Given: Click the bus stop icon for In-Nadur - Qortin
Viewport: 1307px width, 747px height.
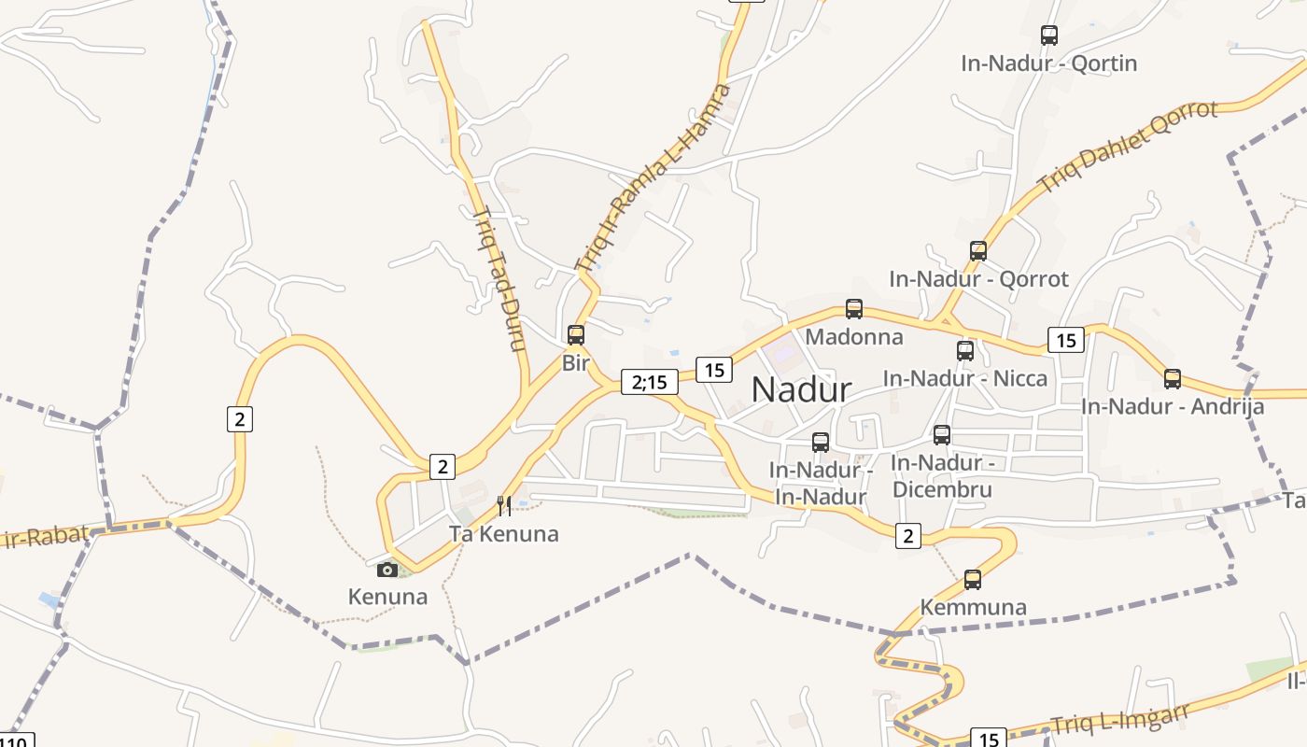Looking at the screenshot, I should coord(1049,35).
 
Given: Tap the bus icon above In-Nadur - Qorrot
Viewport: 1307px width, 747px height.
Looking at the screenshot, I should coord(978,250).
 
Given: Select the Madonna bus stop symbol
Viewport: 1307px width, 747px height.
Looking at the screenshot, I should coord(854,308).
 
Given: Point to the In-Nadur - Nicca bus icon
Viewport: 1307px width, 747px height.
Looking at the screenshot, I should coord(965,351).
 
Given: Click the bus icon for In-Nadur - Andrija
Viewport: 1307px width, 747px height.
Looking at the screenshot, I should coord(1173,379).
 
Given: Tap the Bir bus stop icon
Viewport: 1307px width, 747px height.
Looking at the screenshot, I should coord(576,334).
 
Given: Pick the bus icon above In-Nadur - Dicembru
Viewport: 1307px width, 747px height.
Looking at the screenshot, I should coord(942,435).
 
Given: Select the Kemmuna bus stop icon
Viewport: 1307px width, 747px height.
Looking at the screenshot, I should coord(973,580).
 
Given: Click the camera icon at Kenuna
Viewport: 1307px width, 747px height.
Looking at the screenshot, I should coord(387,570).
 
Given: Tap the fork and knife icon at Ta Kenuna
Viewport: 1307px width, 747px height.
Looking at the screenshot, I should coord(504,506).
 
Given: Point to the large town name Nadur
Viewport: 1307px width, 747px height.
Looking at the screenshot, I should coord(801,390).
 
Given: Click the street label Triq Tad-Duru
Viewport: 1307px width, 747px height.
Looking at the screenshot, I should coord(500,277).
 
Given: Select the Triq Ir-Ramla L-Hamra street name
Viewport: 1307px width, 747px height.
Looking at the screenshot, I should coord(653,177).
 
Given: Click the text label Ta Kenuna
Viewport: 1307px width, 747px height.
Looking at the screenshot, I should coord(504,534).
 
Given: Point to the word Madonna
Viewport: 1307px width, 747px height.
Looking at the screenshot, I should coord(854,337).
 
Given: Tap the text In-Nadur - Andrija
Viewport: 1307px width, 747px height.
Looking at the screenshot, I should coord(1173,407).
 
